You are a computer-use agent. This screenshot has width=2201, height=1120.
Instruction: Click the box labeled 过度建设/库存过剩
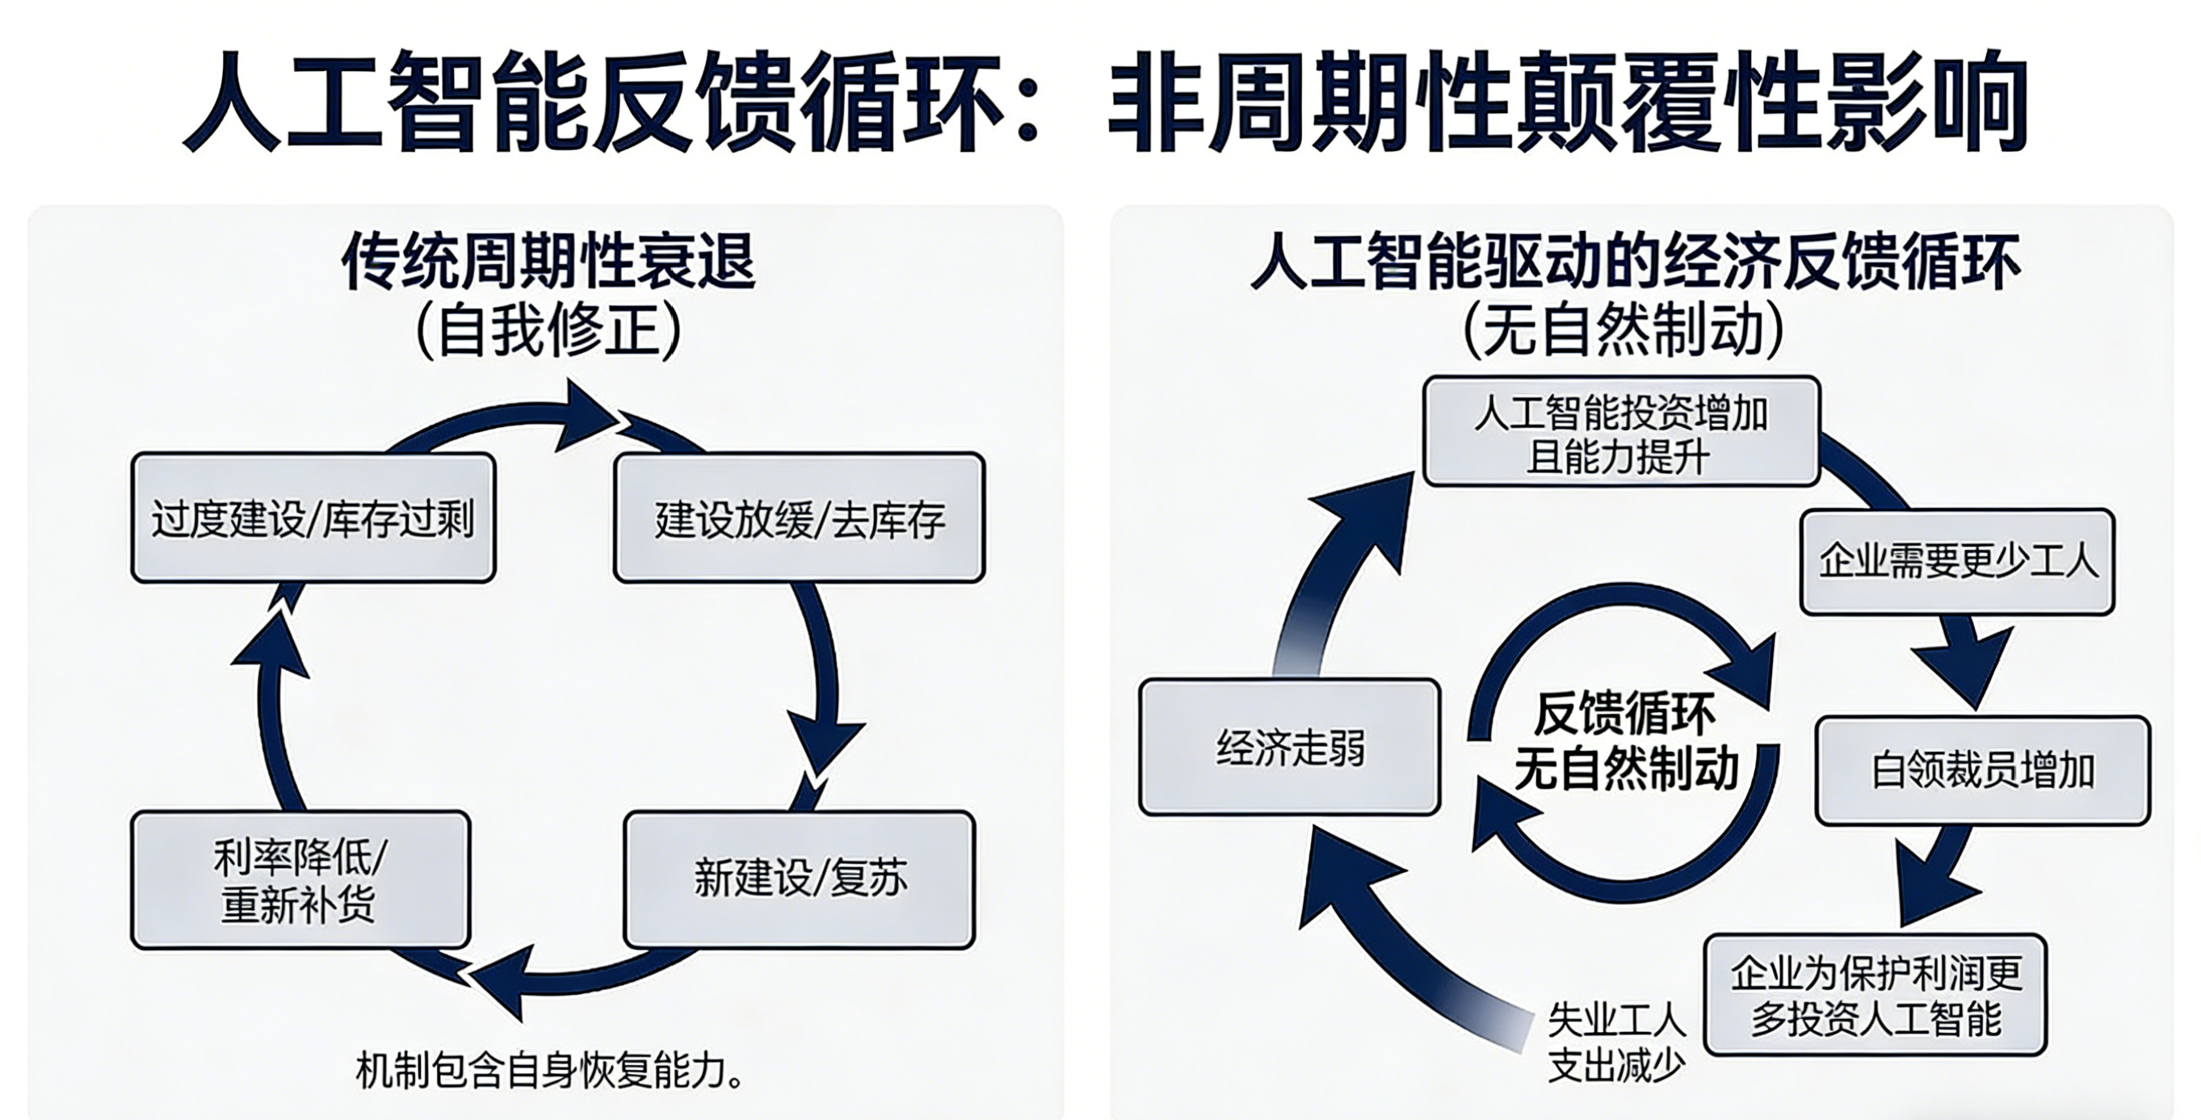click(313, 518)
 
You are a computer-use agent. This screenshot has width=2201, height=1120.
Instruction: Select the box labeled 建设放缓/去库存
click(799, 518)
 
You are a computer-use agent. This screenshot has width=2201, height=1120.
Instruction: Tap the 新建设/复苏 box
click(799, 879)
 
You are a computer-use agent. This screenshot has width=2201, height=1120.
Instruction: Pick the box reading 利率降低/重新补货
click(300, 880)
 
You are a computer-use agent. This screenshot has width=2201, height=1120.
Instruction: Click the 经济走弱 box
click(1289, 748)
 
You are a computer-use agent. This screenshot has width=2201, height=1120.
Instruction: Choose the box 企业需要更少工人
click(1956, 561)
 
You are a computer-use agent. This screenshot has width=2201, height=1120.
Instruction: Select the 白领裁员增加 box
click(1981, 770)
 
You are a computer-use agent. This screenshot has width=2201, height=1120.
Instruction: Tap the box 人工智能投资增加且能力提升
click(1621, 432)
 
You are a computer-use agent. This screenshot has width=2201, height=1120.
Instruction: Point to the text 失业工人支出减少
click(1615, 1042)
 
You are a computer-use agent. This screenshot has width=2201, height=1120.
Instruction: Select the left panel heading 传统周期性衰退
click(548, 260)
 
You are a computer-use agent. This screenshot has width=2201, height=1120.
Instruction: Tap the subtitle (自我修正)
click(548, 330)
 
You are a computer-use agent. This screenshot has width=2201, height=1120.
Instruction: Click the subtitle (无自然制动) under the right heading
click(1623, 330)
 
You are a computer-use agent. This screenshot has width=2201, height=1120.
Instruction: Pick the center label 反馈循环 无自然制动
click(1624, 740)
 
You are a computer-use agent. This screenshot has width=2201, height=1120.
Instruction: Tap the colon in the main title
click(1028, 111)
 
